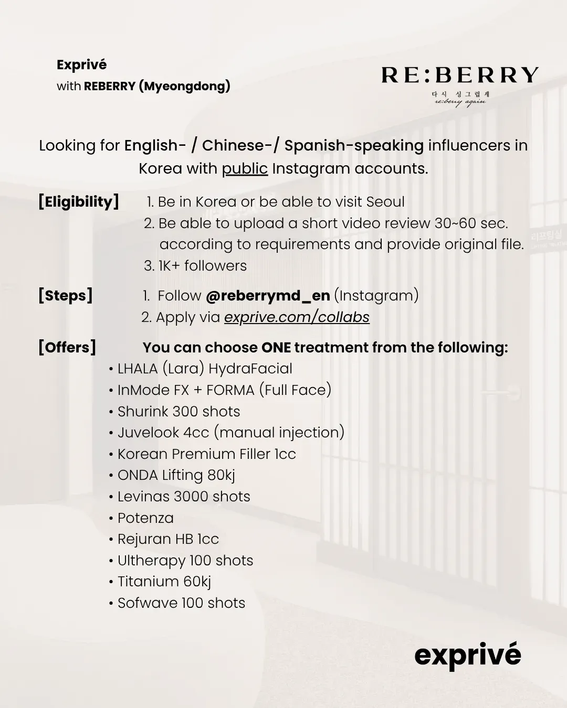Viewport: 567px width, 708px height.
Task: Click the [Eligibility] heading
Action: click(79, 202)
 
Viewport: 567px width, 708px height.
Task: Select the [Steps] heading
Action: click(66, 295)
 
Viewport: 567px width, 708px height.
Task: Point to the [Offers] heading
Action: click(67, 347)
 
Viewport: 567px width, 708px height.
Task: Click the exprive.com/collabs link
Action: click(297, 317)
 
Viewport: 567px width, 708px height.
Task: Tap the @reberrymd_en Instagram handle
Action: click(268, 296)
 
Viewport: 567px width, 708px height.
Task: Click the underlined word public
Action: click(245, 169)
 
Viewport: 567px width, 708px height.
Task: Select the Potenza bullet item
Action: click(145, 518)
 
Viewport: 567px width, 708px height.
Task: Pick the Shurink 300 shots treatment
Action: click(178, 412)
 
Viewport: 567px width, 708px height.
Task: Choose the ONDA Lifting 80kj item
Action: click(176, 475)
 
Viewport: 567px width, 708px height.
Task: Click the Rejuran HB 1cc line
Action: click(168, 539)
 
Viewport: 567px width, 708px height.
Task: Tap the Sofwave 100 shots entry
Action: click(181, 603)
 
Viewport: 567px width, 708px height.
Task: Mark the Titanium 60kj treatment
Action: click(164, 582)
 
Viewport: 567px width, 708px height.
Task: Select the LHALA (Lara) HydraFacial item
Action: click(205, 369)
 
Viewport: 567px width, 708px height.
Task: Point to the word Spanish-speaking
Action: click(354, 146)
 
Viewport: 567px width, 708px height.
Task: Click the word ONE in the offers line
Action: click(276, 348)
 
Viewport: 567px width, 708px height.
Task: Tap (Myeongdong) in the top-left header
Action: click(184, 86)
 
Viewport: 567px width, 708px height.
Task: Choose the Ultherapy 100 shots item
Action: click(185, 561)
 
